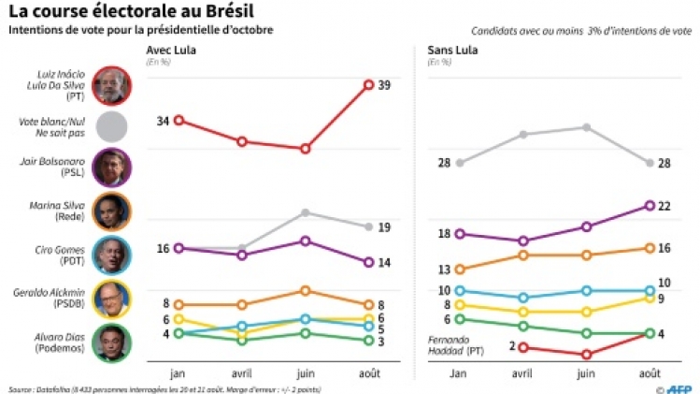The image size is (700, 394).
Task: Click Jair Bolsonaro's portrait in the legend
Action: coord(113,168)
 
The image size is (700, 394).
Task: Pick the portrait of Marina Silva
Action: coord(113,212)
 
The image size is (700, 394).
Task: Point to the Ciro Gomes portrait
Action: coord(113,255)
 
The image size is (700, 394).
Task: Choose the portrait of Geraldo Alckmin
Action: coord(113,299)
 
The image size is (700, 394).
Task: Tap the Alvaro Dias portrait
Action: coord(113,342)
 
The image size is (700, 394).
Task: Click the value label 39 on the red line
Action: coord(384,85)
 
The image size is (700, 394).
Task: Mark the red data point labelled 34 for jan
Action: coord(179,120)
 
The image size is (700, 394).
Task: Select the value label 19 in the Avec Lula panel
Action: coord(384,227)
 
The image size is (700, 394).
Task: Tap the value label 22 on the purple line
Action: coord(665,206)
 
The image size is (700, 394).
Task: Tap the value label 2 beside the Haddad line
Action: coord(512,346)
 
